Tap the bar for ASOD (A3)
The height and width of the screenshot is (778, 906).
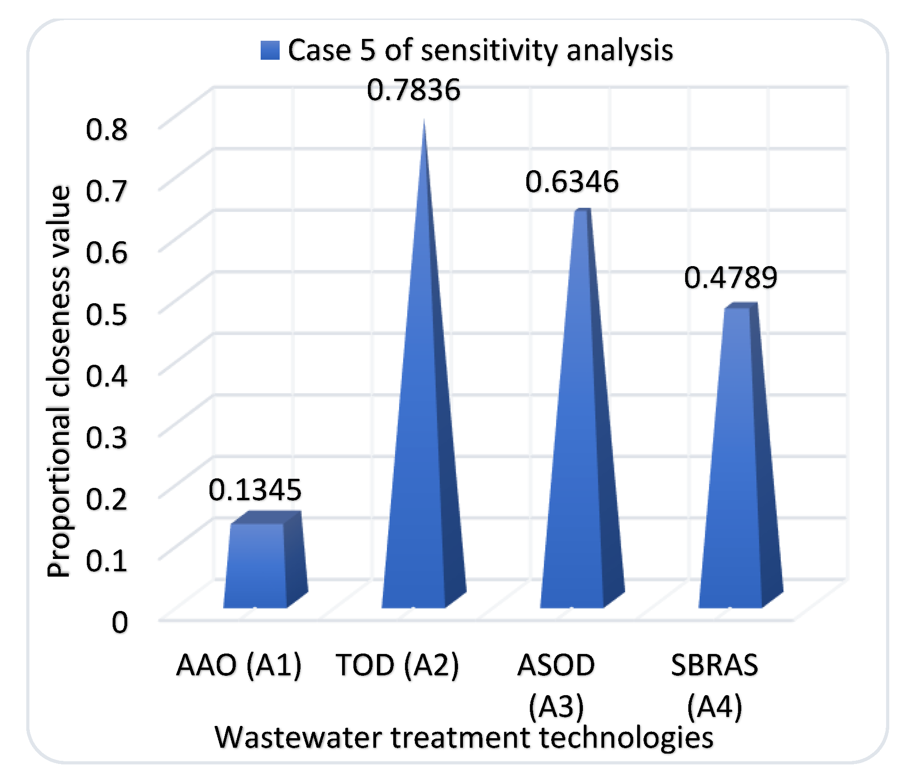pos(575,430)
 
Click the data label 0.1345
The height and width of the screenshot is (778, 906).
pos(255,490)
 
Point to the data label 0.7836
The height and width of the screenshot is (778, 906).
pos(413,90)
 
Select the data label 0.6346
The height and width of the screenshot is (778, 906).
pos(572,182)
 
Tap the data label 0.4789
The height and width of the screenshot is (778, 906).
pos(730,277)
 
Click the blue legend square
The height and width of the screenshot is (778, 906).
pos(270,50)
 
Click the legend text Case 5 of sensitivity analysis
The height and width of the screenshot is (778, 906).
pos(480,50)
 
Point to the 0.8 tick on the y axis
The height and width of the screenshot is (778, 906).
pos(107,130)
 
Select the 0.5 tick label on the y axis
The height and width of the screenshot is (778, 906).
pos(107,315)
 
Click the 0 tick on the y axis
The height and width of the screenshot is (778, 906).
pos(120,623)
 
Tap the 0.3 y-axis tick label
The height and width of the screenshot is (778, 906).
pos(107,438)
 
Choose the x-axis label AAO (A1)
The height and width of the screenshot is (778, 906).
pos(238,665)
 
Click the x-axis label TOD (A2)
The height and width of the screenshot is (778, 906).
pos(397,665)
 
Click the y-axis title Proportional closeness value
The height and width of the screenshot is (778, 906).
pos(59,382)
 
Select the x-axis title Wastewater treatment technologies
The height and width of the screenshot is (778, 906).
pos(464,738)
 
